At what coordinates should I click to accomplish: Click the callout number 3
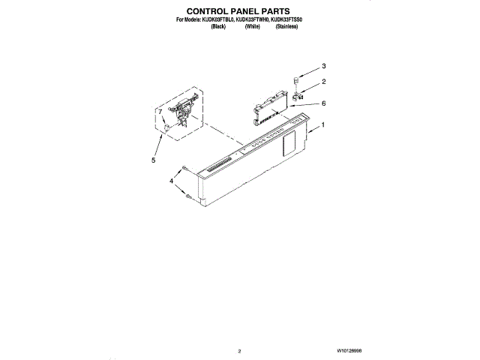click(324, 64)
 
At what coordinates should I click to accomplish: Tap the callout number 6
click(323, 103)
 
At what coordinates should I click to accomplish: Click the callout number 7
click(159, 112)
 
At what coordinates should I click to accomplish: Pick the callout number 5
click(154, 160)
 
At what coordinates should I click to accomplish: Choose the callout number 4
click(170, 181)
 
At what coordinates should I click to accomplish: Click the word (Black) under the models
click(218, 26)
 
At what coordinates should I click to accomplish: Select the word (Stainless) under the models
click(286, 26)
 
